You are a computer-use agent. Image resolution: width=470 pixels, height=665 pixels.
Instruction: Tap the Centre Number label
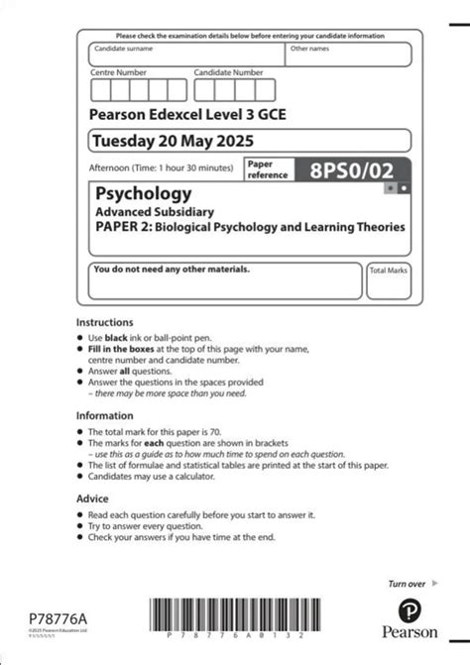point(118,72)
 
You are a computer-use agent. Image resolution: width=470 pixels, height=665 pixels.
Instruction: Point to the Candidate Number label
point(228,72)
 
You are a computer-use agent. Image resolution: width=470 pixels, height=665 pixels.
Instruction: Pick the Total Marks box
point(388,281)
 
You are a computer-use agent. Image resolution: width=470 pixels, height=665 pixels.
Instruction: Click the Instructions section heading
point(104,323)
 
